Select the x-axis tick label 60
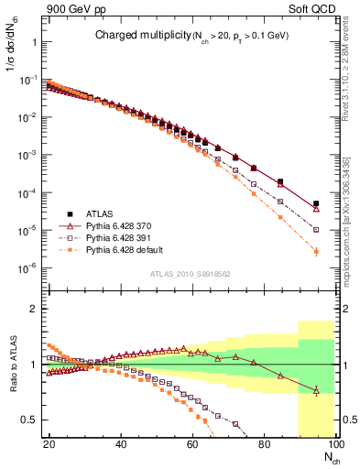click(192, 442)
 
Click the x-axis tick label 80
click(264, 442)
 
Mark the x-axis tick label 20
click(49, 442)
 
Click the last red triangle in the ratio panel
click(316, 391)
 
